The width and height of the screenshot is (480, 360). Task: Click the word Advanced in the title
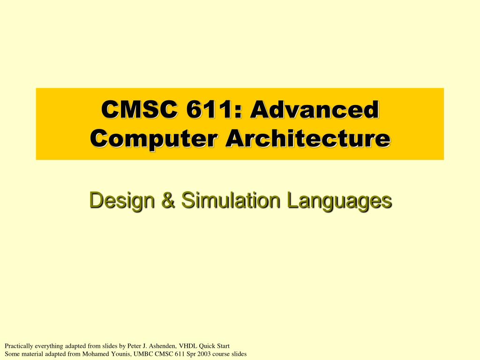click(314, 110)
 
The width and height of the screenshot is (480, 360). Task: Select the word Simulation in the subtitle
click(230, 200)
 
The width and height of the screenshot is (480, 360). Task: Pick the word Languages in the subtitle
click(339, 200)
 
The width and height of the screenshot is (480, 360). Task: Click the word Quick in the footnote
click(208, 346)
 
